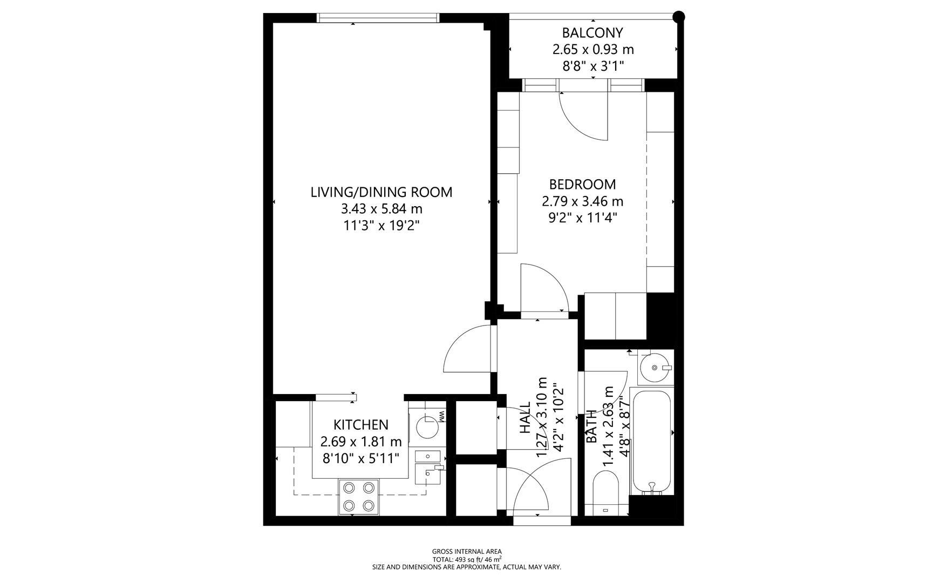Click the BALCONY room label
593,33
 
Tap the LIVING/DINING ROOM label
381,192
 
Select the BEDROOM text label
582,185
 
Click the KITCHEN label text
360,425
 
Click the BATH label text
592,426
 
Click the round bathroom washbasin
655,368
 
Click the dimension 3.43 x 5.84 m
381,208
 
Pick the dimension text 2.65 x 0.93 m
593,50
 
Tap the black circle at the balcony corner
679,17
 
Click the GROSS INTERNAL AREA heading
466,552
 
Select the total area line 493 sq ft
466,560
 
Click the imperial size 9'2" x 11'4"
582,218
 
